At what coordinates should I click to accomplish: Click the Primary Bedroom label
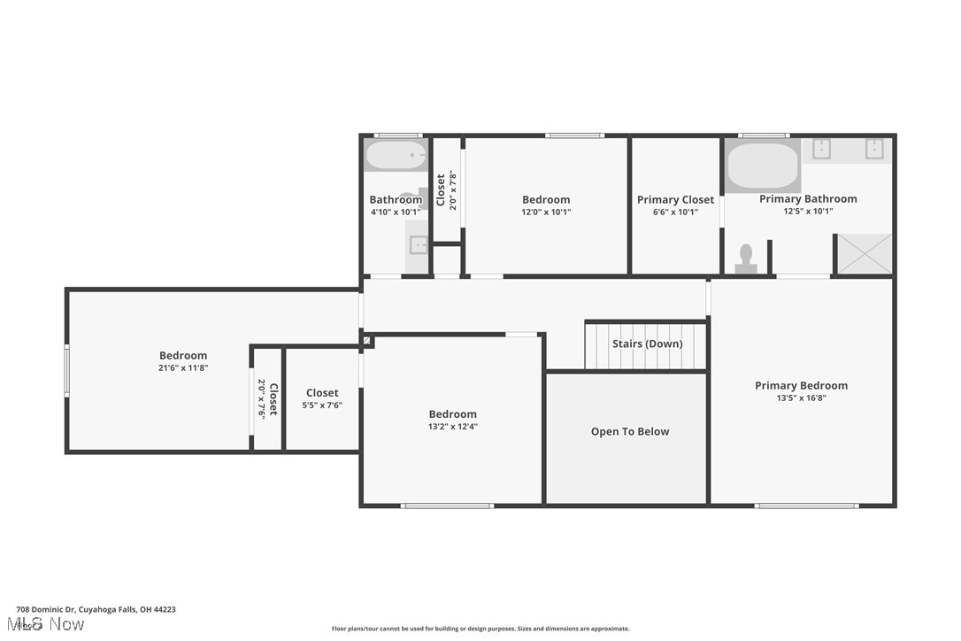(801, 385)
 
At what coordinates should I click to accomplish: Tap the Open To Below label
(630, 431)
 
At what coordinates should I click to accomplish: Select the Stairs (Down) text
(647, 344)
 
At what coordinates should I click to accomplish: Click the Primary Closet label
(675, 200)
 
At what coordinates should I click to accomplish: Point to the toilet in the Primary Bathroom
(746, 258)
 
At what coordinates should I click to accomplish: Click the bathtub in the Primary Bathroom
(763, 166)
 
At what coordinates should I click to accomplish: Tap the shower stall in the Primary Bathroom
(865, 254)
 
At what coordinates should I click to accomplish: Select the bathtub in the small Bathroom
(396, 156)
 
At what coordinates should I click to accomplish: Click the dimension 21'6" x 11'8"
(183, 367)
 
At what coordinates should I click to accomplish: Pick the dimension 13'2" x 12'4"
(452, 426)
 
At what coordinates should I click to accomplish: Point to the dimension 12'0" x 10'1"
(546, 212)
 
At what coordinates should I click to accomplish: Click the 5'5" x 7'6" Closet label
(322, 393)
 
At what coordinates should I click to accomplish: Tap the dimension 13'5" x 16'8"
(801, 398)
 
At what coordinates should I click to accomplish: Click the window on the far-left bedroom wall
(66, 370)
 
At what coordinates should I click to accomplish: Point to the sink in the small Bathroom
(418, 245)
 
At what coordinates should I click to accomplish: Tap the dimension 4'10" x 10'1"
(396, 212)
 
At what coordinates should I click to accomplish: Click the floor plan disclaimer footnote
(480, 629)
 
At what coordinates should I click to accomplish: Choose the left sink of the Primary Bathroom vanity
(820, 148)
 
